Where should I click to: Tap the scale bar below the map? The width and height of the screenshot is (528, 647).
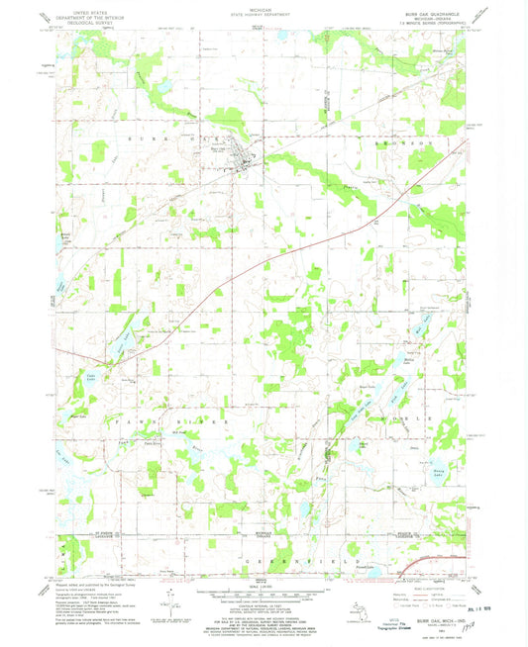pyautogui.click(x=264, y=600)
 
